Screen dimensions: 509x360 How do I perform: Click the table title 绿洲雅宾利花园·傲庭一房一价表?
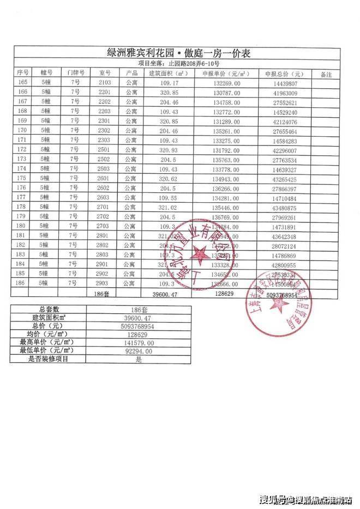tap(179, 53)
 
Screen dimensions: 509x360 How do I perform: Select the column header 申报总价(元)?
tap(283, 74)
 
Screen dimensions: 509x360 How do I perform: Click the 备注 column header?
tap(326, 74)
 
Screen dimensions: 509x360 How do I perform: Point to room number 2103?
tap(105, 83)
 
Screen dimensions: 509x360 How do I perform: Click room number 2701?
tap(105, 207)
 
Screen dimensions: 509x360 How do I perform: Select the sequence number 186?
tap(22, 283)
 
